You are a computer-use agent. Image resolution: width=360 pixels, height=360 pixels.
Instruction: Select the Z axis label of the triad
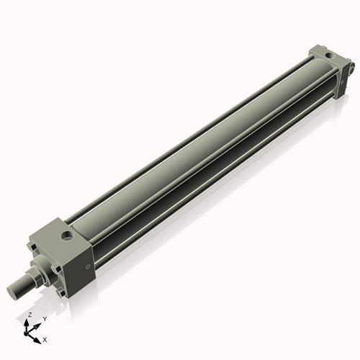[30, 315]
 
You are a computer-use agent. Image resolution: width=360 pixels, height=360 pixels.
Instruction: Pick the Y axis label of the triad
[44, 318]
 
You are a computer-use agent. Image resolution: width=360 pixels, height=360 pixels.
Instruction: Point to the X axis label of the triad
[45, 338]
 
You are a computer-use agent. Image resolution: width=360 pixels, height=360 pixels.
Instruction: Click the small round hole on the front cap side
[88, 267]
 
